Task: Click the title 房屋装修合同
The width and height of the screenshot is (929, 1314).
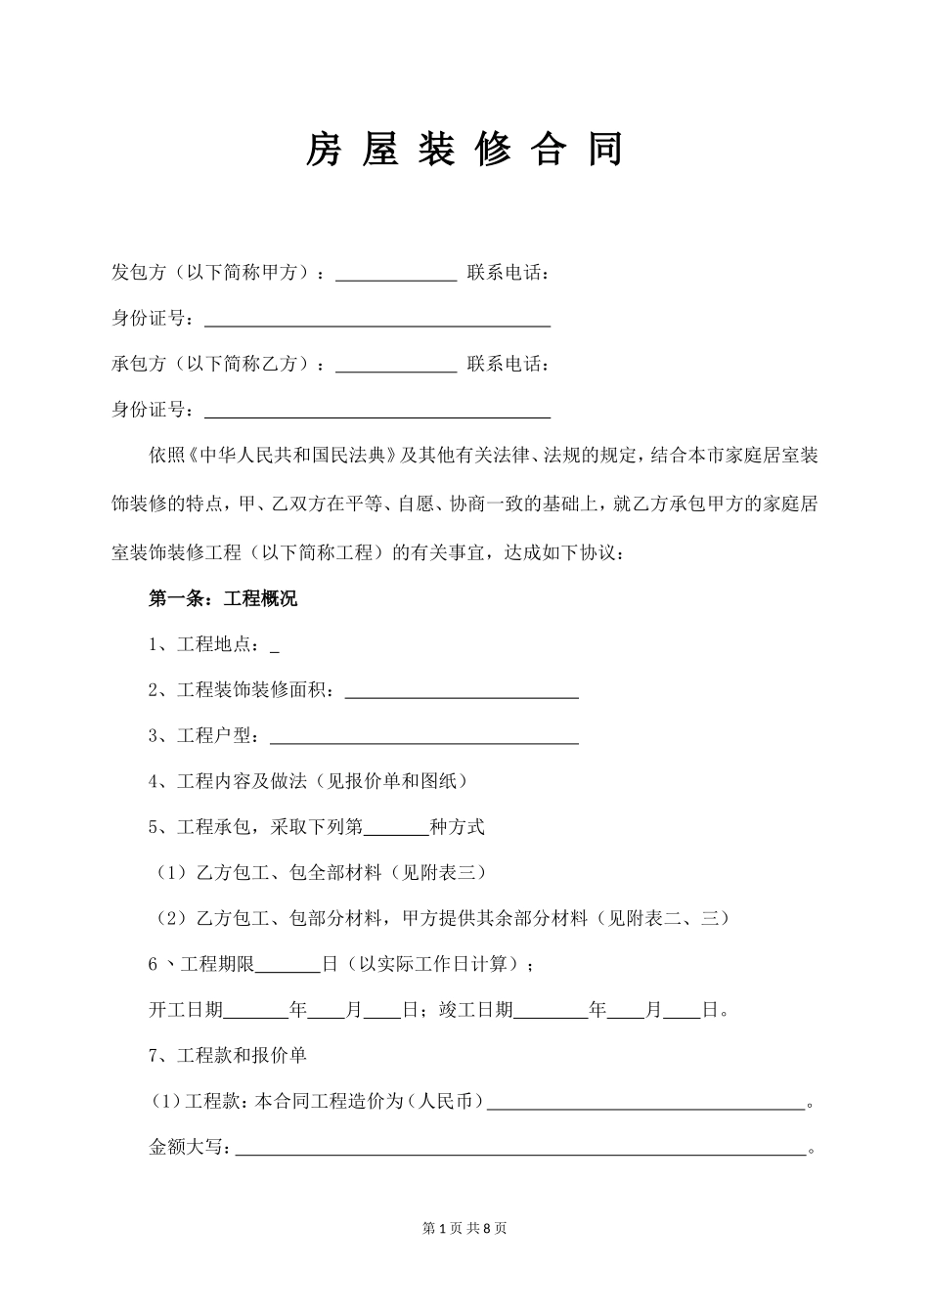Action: (x=464, y=150)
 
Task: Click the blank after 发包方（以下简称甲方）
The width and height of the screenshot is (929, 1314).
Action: (x=396, y=274)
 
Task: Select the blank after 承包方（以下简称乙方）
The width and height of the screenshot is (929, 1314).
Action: (x=396, y=365)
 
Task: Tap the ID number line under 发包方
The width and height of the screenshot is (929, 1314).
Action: (x=376, y=320)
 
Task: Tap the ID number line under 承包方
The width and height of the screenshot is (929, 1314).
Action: (x=376, y=411)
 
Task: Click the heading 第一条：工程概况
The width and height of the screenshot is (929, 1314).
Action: (x=223, y=599)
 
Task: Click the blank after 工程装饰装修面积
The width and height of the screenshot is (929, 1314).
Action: (x=462, y=691)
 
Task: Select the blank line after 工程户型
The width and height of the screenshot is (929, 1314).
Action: (x=423, y=737)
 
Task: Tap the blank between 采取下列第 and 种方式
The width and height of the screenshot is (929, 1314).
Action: (x=396, y=828)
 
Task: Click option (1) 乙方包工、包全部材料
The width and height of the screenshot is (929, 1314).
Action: (x=322, y=873)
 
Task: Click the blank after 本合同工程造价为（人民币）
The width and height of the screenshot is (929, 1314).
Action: (x=645, y=1103)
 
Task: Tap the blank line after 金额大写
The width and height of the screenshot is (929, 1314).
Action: (x=520, y=1149)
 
